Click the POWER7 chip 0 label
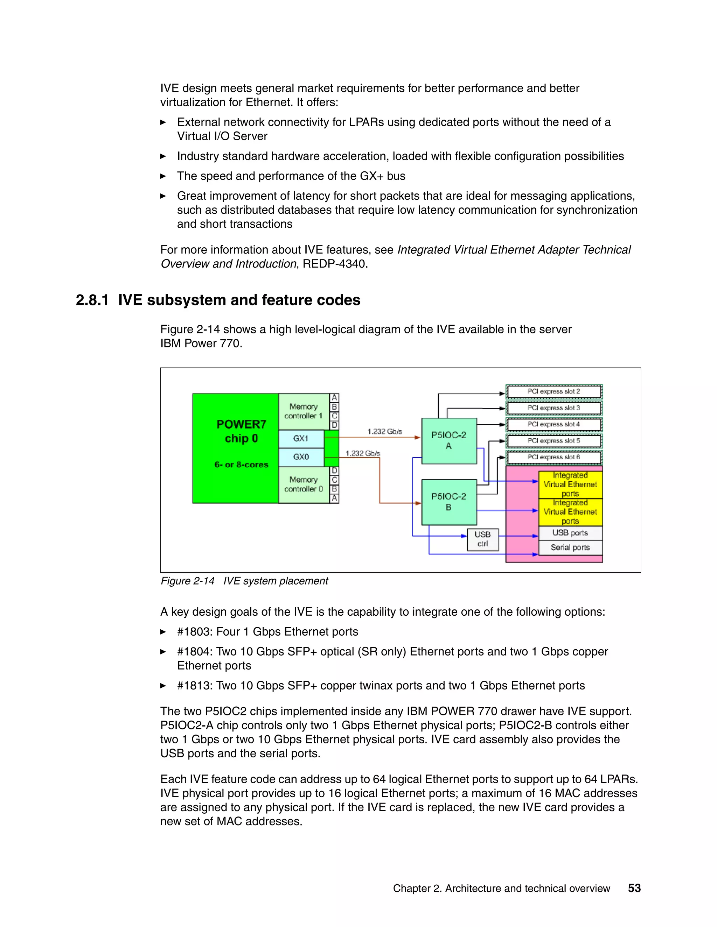[241, 431]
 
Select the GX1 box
[301, 438]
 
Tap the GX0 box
[301, 457]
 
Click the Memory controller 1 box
[304, 411]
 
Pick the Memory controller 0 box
[304, 484]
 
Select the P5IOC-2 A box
[448, 440]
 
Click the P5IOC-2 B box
[448, 502]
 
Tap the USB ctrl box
[482, 539]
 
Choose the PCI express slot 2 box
[554, 391]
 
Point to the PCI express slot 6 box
[554, 457]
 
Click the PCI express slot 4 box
[554, 424]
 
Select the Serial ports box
[570, 547]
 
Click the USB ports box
[570, 533]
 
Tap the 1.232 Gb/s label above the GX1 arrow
[384, 431]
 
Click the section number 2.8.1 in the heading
[92, 300]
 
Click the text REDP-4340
[335, 264]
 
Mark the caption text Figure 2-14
[187, 581]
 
